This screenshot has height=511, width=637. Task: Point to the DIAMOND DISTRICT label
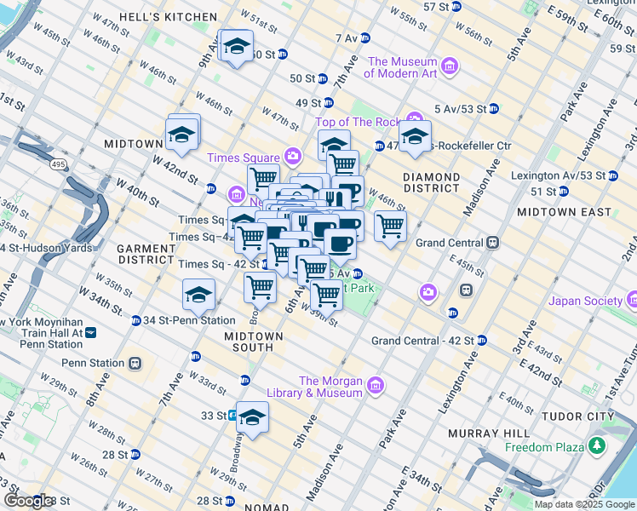click(431, 182)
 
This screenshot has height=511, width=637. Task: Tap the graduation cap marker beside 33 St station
click(252, 417)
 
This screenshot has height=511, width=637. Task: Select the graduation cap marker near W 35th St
click(198, 295)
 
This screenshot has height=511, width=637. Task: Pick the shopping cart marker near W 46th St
click(390, 227)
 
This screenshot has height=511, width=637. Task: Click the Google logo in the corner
click(27, 501)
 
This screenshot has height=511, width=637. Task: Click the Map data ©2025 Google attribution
click(583, 504)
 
